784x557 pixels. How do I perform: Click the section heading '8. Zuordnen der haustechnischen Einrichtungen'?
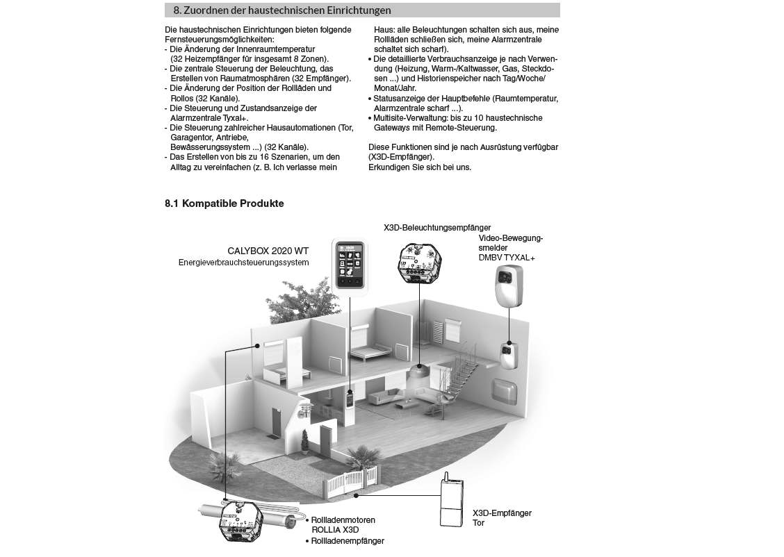281,10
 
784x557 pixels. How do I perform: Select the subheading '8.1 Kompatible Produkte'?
224,204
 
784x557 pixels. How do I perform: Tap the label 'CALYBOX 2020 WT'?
268,251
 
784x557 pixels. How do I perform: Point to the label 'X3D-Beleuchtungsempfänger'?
437,227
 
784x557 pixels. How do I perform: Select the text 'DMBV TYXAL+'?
507,258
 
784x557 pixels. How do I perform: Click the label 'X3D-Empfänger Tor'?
501,517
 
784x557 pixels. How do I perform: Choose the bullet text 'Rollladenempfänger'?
347,540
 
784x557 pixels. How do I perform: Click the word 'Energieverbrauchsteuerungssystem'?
243,263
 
